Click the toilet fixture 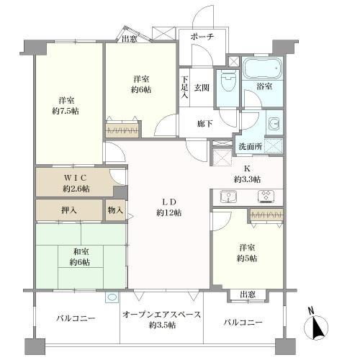point(228,81)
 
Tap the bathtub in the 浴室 point(262,68)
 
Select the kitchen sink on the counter point(228,197)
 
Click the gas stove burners point(266,195)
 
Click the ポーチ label point(202,37)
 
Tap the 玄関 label point(202,88)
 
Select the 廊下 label point(204,124)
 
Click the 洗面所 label point(250,146)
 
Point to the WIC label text point(75,178)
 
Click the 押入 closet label point(69,210)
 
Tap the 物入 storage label point(115,210)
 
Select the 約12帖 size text point(169,212)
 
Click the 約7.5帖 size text point(66,111)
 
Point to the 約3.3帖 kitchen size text point(247,179)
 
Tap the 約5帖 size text point(247,258)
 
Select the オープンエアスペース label point(161,315)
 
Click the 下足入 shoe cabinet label point(184,87)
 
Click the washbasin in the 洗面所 point(274,123)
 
